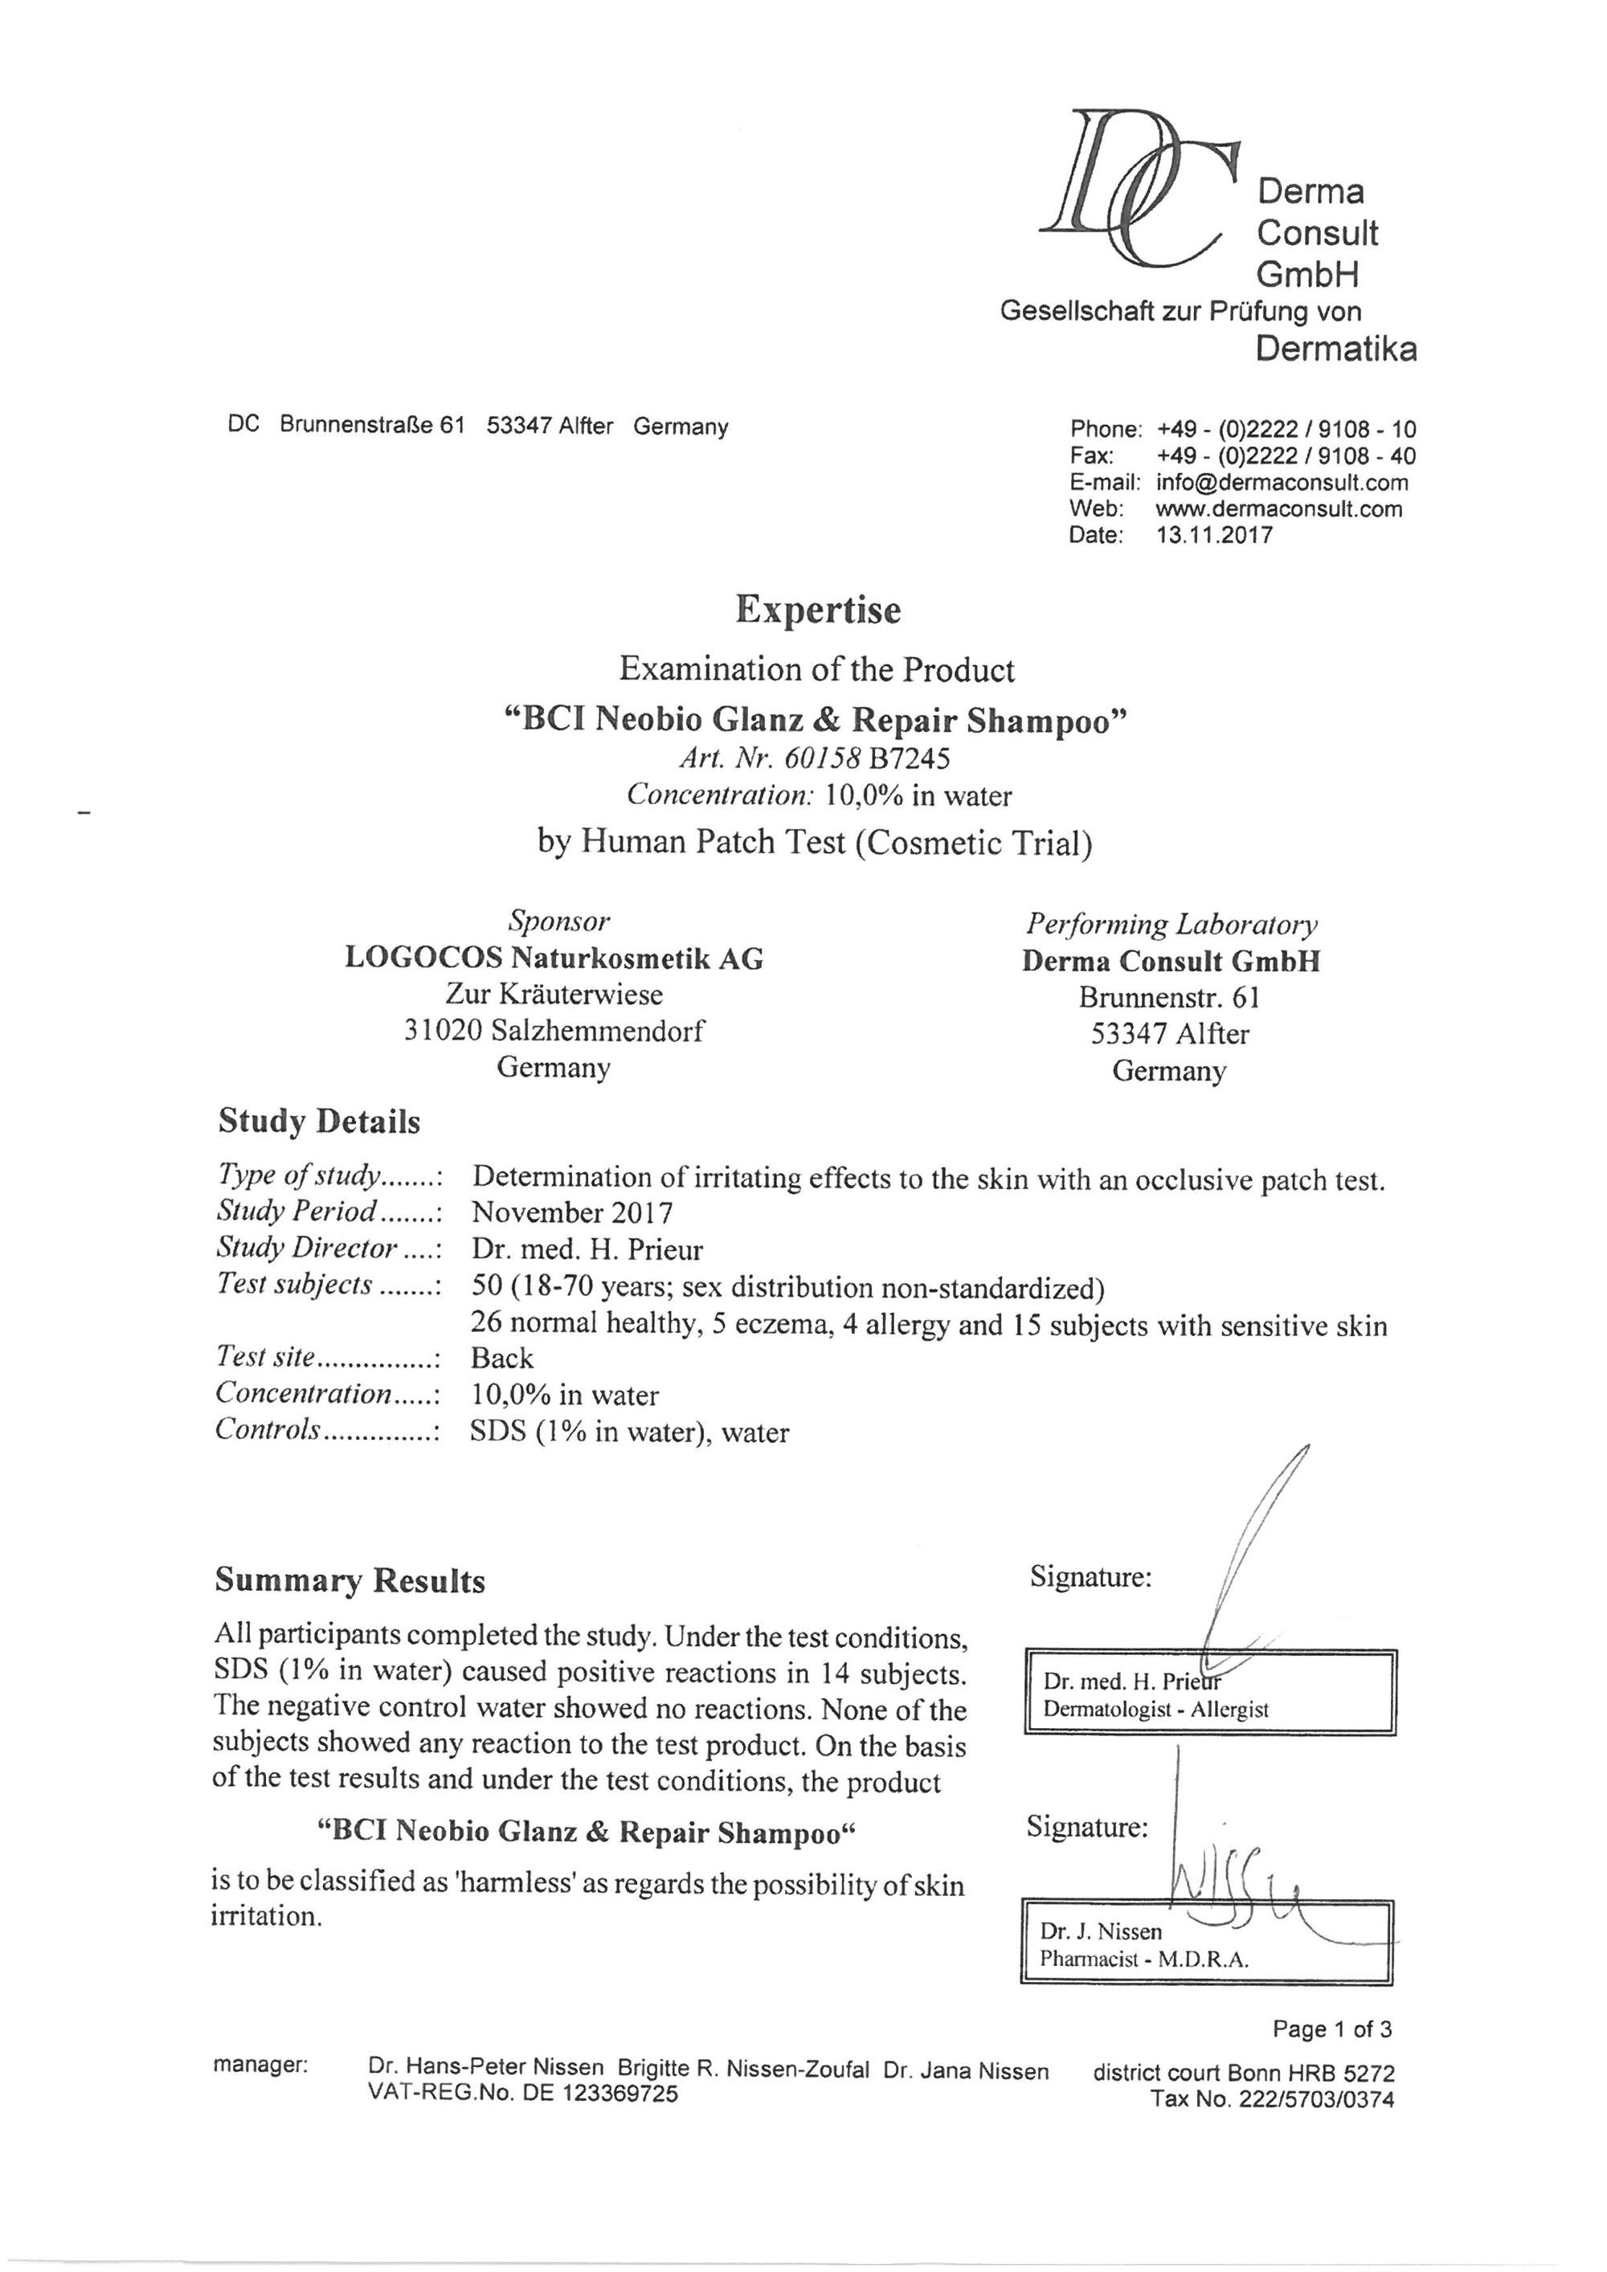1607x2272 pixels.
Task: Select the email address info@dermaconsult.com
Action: (1282, 483)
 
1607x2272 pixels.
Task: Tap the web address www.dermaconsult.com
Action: (1278, 509)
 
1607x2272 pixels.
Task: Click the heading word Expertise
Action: (817, 610)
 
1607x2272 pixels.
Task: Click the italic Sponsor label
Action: (558, 921)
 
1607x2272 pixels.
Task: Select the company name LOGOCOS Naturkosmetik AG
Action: (554, 958)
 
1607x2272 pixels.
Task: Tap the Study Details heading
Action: (319, 1122)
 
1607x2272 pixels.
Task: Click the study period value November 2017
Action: (572, 1212)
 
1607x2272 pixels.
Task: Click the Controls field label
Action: (268, 1430)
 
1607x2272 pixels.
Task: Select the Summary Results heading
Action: (350, 1580)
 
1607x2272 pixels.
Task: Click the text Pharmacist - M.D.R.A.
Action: (1144, 1959)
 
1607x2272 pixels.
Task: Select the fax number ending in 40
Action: (1286, 456)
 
